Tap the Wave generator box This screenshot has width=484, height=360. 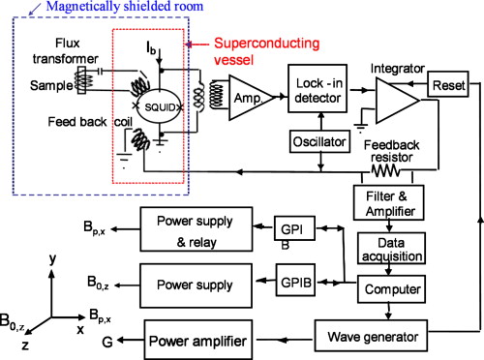(371, 338)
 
